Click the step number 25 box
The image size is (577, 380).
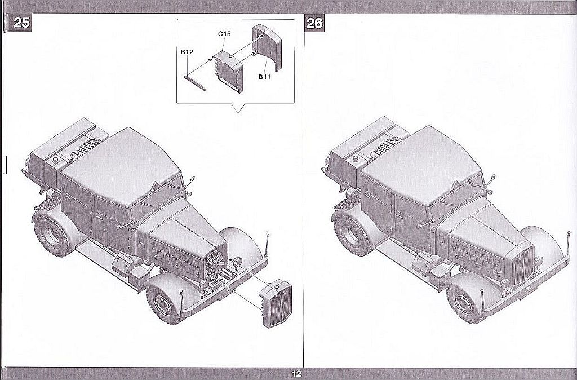coord(22,23)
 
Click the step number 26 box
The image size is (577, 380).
coord(314,23)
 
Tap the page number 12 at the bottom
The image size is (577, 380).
coord(297,374)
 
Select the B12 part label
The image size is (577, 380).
coord(187,52)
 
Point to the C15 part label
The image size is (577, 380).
coord(224,34)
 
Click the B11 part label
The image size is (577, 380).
coord(265,77)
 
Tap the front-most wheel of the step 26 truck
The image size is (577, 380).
coord(467,299)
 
